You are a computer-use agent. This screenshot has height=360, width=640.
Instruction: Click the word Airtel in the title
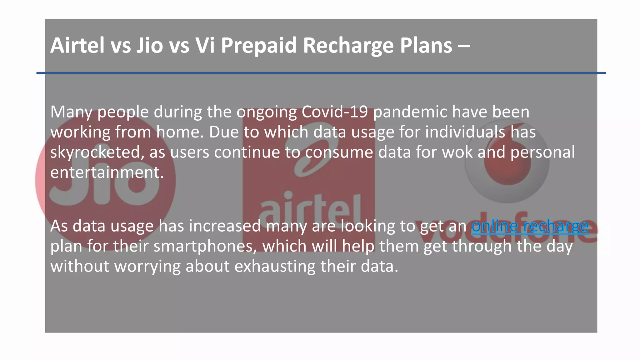tap(77, 46)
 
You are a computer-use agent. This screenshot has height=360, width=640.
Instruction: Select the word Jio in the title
tap(149, 46)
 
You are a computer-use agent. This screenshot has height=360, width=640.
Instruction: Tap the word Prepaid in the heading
tap(258, 46)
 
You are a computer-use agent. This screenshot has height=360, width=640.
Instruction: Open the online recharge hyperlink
tap(530, 226)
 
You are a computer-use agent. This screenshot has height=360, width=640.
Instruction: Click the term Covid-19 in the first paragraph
tap(334, 112)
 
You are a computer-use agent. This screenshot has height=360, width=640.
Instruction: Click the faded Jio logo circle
tap(105, 181)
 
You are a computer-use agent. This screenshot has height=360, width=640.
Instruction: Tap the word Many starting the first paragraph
tap(71, 112)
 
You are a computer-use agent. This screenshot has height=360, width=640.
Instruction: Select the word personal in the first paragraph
tap(542, 152)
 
